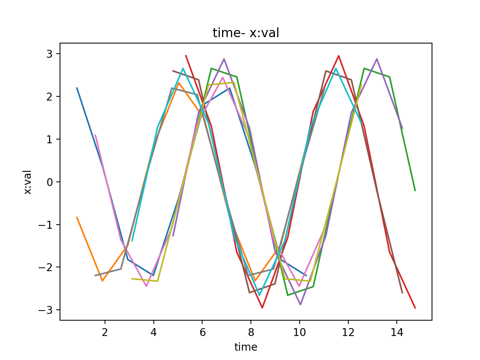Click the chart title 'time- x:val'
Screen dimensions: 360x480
click(x=246, y=33)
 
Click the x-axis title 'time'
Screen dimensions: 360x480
click(x=246, y=347)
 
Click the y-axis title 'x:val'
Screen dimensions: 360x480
click(x=28, y=182)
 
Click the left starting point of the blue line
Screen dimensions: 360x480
click(x=77, y=88)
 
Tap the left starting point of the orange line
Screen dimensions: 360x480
click(x=77, y=217)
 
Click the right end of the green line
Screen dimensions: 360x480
click(x=415, y=191)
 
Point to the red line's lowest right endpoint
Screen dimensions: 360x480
click(x=415, y=308)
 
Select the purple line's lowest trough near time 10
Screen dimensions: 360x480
click(x=300, y=305)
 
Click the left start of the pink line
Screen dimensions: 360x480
click(x=95, y=135)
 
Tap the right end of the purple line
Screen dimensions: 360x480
click(x=402, y=129)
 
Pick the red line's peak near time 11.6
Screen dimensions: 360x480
click(x=339, y=56)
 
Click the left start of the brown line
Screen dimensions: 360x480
click(x=172, y=70)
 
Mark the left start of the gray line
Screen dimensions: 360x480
click(x=95, y=276)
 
